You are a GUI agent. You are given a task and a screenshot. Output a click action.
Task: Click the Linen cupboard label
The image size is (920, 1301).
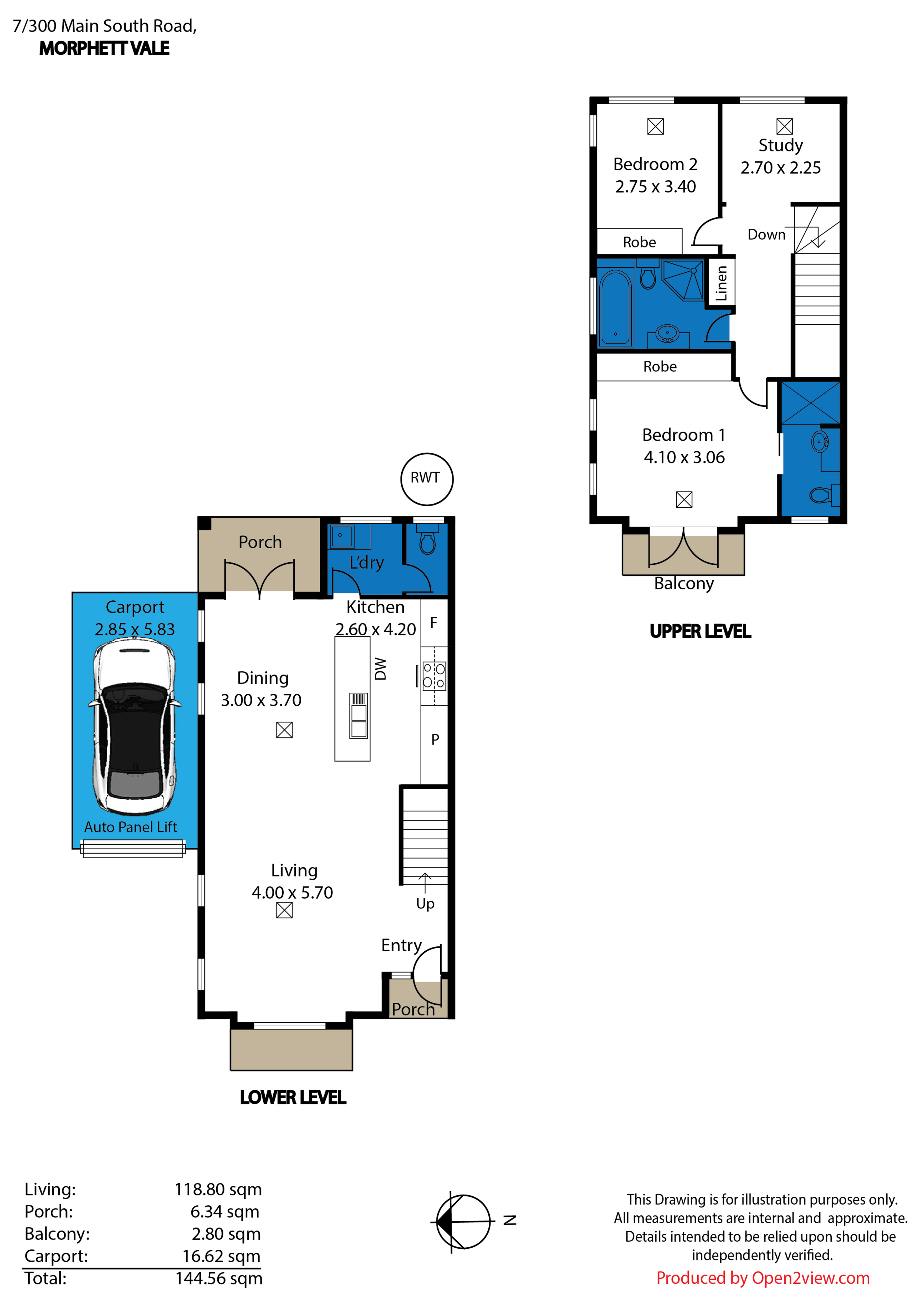721,283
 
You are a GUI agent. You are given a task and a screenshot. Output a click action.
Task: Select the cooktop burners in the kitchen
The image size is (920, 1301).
434,676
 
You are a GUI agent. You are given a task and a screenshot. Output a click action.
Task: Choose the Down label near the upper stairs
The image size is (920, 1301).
766,234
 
